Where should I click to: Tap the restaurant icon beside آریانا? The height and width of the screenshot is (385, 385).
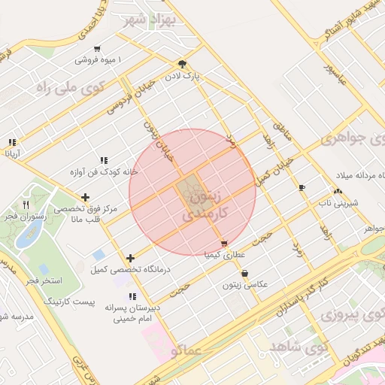(x=12, y=142)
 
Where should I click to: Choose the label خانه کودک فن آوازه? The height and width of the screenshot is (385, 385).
(x=102, y=171)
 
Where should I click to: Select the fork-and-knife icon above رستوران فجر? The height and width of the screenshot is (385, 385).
(x=26, y=204)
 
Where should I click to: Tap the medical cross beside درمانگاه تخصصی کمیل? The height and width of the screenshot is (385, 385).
(x=131, y=258)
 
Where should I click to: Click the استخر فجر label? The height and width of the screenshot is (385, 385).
(x=44, y=280)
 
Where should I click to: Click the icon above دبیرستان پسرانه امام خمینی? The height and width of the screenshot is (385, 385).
(x=132, y=296)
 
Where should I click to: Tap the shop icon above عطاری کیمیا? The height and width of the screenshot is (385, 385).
(x=224, y=244)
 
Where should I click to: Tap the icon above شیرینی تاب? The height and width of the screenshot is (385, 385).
(x=335, y=192)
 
